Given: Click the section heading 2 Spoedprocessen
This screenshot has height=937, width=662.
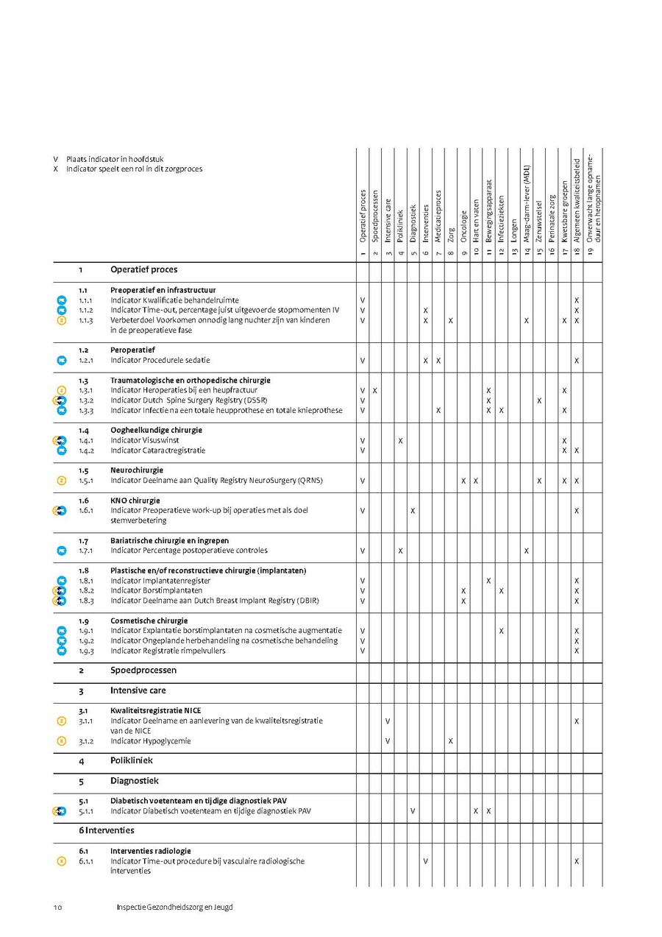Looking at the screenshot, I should click(143, 671).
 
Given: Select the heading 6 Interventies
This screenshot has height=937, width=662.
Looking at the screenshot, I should click(107, 830).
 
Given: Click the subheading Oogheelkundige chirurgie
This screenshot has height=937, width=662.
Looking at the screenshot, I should click(156, 430).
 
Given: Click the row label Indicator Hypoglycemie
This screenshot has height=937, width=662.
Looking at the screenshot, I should click(150, 741).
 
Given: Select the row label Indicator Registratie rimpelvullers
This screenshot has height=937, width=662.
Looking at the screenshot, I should click(168, 651).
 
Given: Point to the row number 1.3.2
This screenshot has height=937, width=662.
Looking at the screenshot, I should click(85, 400).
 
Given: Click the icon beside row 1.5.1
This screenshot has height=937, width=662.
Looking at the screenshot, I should click(62, 481).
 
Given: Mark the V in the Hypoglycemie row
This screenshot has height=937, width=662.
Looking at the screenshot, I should click(388, 741).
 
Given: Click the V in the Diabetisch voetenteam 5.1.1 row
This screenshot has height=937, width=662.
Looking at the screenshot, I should click(413, 811).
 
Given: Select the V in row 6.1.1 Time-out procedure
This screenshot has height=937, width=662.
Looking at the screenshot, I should click(425, 861).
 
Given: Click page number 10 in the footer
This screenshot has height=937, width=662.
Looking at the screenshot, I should click(57, 908).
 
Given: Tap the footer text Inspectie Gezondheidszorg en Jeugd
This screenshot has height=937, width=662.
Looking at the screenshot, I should click(174, 908).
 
